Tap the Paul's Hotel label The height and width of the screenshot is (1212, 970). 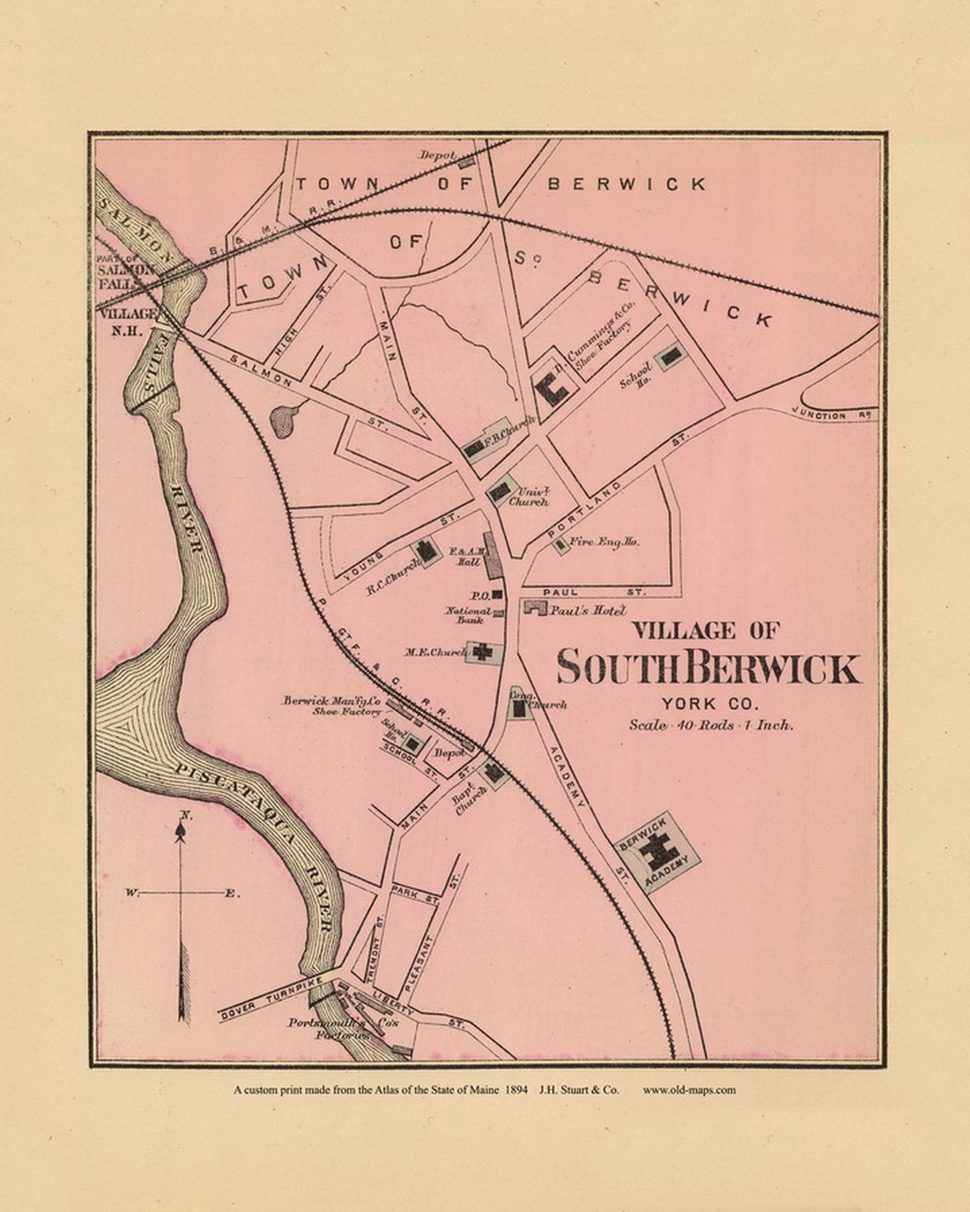(x=587, y=611)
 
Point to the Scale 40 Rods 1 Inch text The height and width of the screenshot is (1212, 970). (x=710, y=726)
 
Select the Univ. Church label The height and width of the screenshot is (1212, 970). (x=528, y=497)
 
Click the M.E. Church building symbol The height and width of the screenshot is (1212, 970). (x=483, y=652)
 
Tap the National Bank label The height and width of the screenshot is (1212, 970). (x=469, y=615)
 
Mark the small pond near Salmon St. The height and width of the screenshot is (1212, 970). (x=284, y=419)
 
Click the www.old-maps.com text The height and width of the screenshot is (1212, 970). (x=689, y=1089)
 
